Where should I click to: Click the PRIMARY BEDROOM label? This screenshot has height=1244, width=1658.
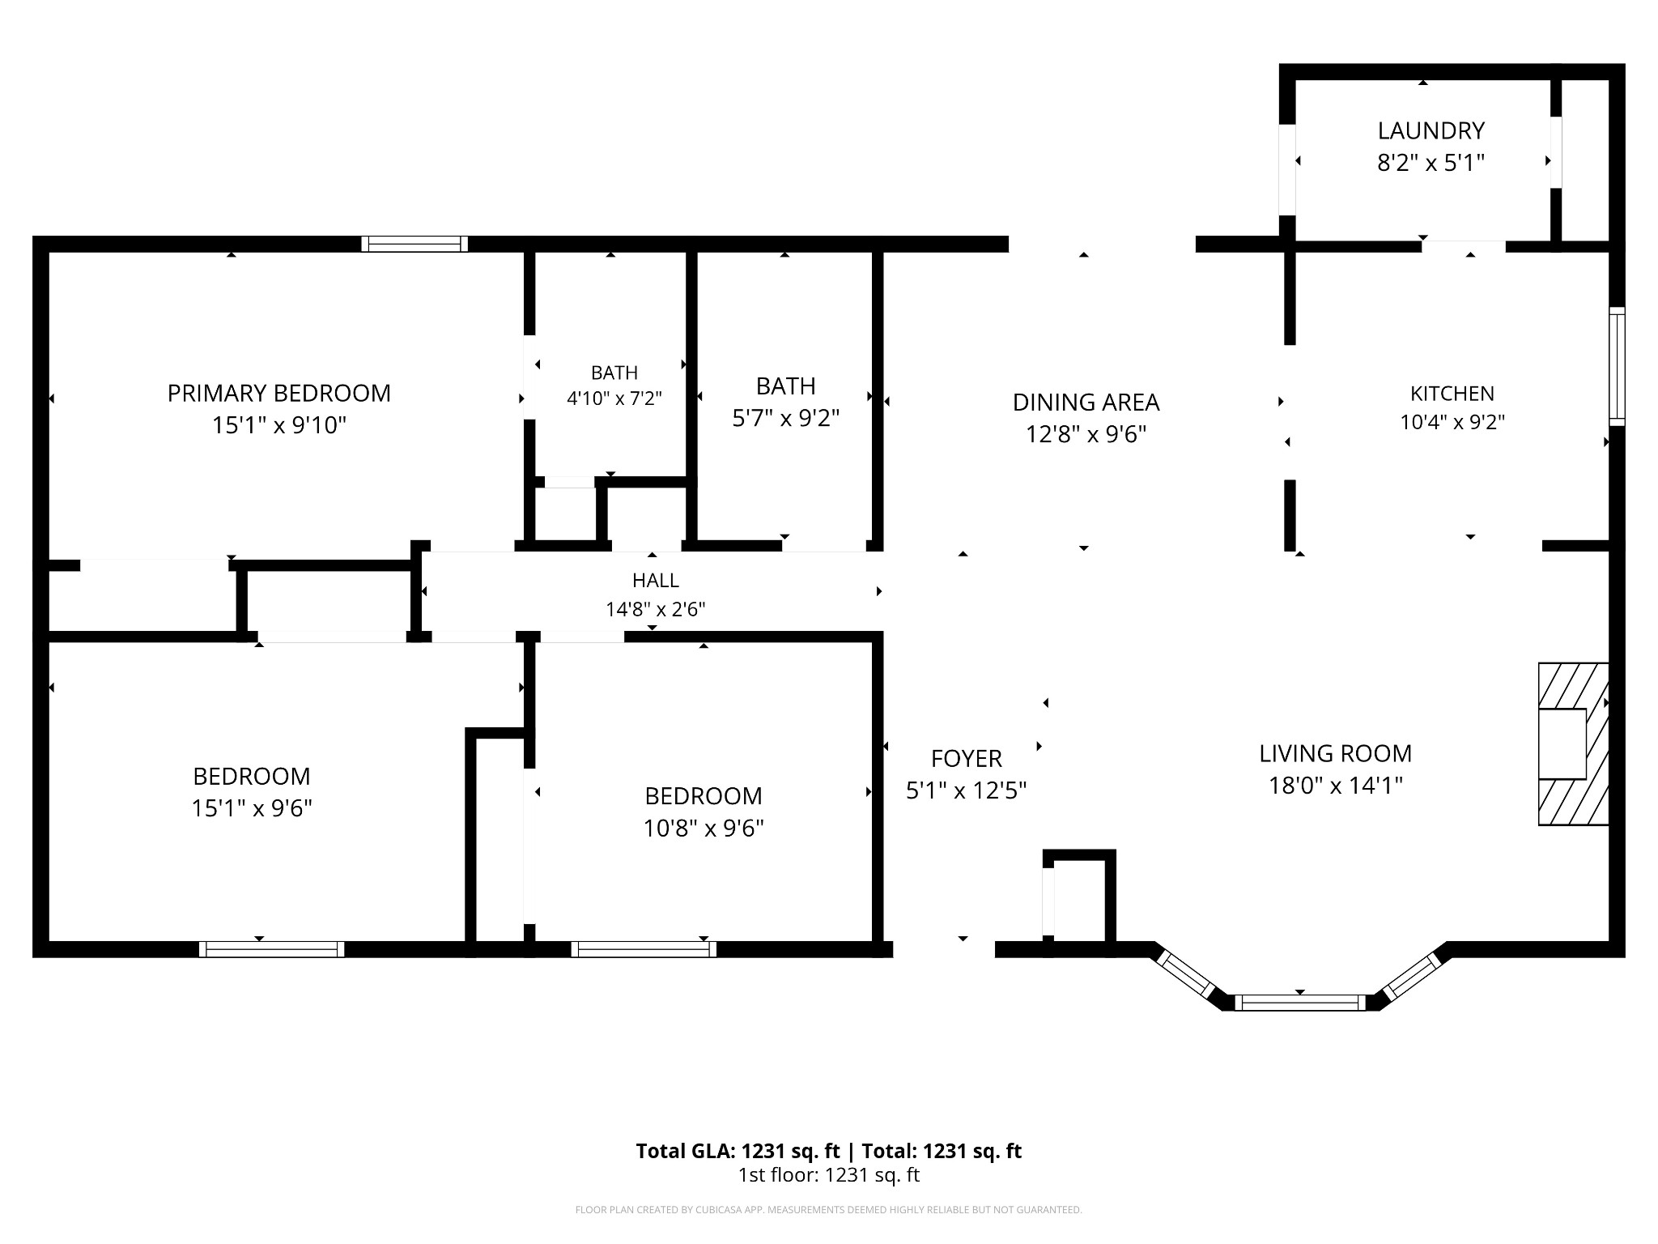pos(278,394)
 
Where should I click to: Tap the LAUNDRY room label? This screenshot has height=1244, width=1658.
pos(1431,130)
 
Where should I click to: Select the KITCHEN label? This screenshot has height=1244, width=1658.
pos(1452,394)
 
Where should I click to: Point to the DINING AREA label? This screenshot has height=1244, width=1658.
pos(1086,403)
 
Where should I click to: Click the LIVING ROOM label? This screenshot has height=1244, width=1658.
pos(1335,754)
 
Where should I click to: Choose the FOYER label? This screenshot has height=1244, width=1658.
pos(967,759)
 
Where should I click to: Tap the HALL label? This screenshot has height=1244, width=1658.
pos(656,581)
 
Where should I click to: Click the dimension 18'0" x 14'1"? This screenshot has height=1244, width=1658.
pos(1335,786)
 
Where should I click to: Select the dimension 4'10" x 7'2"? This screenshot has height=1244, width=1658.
pos(614,398)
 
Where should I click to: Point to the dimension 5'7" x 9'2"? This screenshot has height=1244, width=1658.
pos(785,418)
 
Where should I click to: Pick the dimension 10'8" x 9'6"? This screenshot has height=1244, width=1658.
pos(704,829)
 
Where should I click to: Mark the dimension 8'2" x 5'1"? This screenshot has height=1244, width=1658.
pos(1431,163)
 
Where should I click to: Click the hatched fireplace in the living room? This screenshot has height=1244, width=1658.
pos(1573,744)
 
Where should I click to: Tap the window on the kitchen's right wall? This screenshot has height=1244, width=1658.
pos(1617,366)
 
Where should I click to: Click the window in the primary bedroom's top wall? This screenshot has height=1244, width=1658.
pos(414,244)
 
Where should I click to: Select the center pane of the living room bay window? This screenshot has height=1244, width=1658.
pos(1303,1003)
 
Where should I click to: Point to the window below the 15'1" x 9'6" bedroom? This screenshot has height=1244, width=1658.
pos(272,949)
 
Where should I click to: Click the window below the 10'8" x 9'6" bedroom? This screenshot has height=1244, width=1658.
pos(644,949)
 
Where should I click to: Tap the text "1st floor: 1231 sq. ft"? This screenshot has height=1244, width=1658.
pos(828,1175)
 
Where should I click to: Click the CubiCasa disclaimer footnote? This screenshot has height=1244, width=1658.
pos(828,1210)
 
